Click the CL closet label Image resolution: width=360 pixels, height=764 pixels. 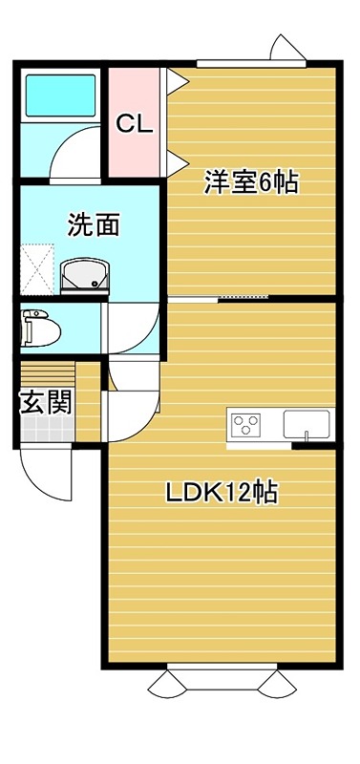135,124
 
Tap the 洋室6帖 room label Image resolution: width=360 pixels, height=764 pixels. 251,183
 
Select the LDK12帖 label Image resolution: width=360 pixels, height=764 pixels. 222,493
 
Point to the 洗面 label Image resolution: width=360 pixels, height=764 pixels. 94,224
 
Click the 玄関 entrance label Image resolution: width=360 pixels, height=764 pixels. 46,403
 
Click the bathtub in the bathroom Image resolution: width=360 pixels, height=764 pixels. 60,95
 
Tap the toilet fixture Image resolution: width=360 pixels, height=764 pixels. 41,328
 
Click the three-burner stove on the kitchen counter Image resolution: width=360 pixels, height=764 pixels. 246,424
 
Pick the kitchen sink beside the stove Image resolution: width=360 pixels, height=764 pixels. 307,424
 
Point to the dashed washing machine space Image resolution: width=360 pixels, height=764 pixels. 37,269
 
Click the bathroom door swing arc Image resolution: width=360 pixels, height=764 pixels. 74,152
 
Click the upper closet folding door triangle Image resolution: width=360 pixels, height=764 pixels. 177,81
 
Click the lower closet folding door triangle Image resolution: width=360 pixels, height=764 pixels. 177,163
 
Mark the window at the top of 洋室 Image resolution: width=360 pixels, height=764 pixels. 251,63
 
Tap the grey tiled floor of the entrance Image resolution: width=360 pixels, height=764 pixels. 48,429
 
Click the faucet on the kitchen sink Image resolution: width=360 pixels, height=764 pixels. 307,435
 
